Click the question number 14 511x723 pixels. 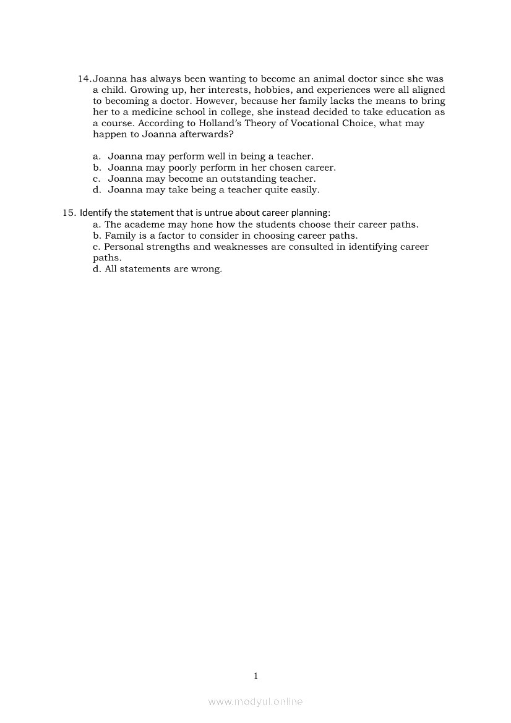(85, 79)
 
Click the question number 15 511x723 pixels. (68, 213)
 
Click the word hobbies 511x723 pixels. (265, 90)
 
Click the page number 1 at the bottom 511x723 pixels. (255, 676)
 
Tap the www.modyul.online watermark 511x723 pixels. (255, 701)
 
